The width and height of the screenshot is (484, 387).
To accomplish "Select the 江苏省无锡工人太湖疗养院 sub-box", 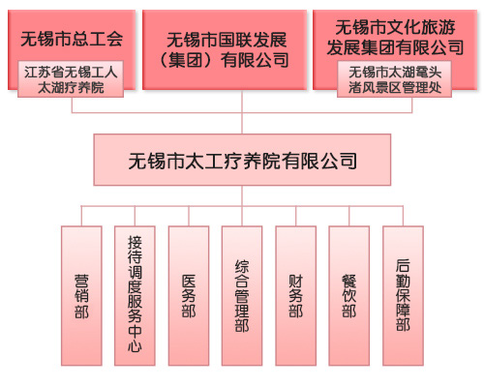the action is [x=71, y=79].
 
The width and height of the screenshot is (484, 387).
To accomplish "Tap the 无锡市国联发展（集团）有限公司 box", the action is [x=225, y=49].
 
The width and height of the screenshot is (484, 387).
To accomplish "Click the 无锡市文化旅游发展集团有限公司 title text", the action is [x=395, y=37].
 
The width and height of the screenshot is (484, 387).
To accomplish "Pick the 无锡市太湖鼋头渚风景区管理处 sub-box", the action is [x=394, y=79].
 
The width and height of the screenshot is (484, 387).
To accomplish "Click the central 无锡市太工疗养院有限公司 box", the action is [x=242, y=160].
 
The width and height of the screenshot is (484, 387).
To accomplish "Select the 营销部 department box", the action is [x=81, y=296].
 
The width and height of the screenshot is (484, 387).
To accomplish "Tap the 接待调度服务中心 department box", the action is [x=135, y=296].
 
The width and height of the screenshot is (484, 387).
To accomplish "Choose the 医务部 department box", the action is [x=189, y=296].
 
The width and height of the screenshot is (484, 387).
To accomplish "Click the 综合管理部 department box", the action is [x=242, y=296].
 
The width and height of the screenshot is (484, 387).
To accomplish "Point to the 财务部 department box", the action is [x=296, y=296].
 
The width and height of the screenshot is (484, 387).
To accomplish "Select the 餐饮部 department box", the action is [x=349, y=296].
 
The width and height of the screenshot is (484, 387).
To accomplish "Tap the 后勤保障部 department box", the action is [x=403, y=296].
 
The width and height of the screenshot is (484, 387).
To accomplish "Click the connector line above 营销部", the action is [x=81, y=216].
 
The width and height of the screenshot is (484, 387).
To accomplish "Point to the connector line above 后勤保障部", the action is [x=403, y=216].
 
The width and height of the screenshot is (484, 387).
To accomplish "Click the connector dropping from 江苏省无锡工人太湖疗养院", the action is [x=72, y=104].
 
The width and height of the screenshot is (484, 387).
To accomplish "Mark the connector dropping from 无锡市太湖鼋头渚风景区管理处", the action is [x=412, y=104].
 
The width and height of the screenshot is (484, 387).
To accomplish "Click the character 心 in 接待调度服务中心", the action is [x=135, y=346].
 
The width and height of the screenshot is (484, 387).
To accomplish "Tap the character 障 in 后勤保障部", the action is [x=403, y=310].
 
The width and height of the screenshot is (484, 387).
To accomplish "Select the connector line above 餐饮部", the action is [x=349, y=216].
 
